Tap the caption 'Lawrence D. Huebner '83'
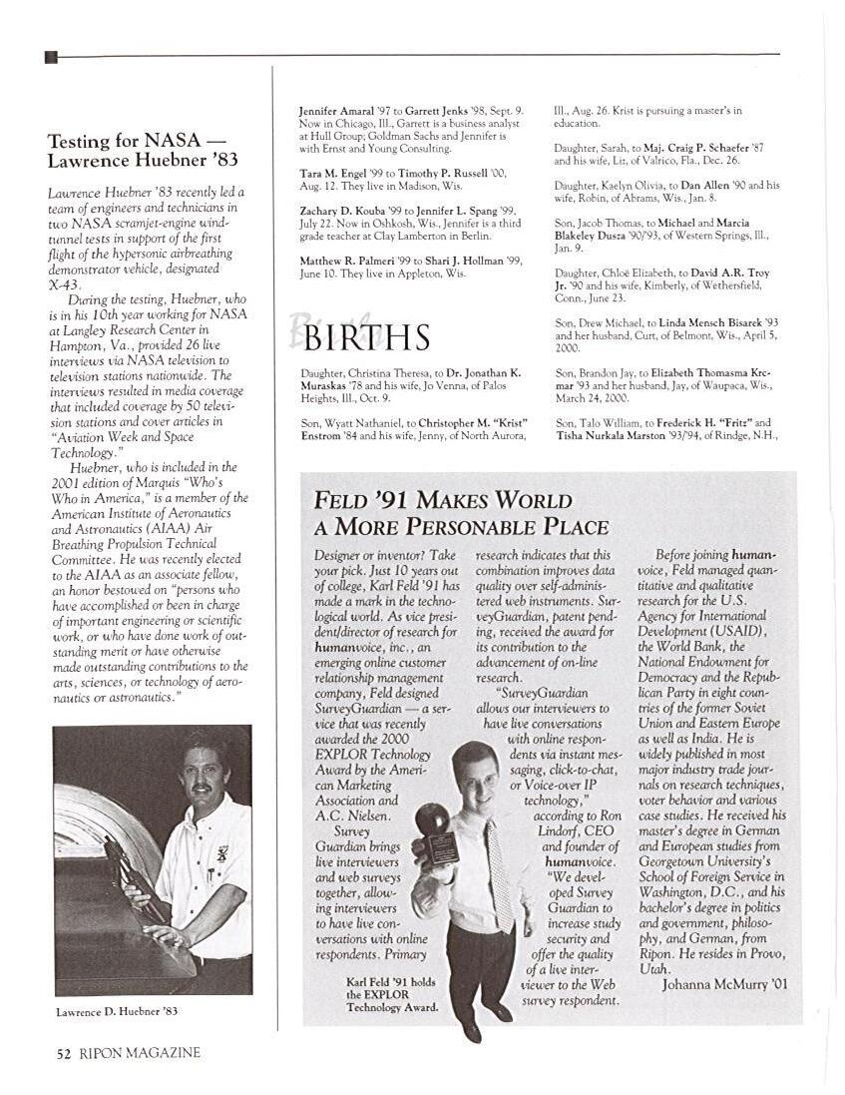117,1011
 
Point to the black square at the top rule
52,57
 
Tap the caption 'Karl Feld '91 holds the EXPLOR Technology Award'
391,994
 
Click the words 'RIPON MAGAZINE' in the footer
138,1053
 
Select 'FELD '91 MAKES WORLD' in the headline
443,500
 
